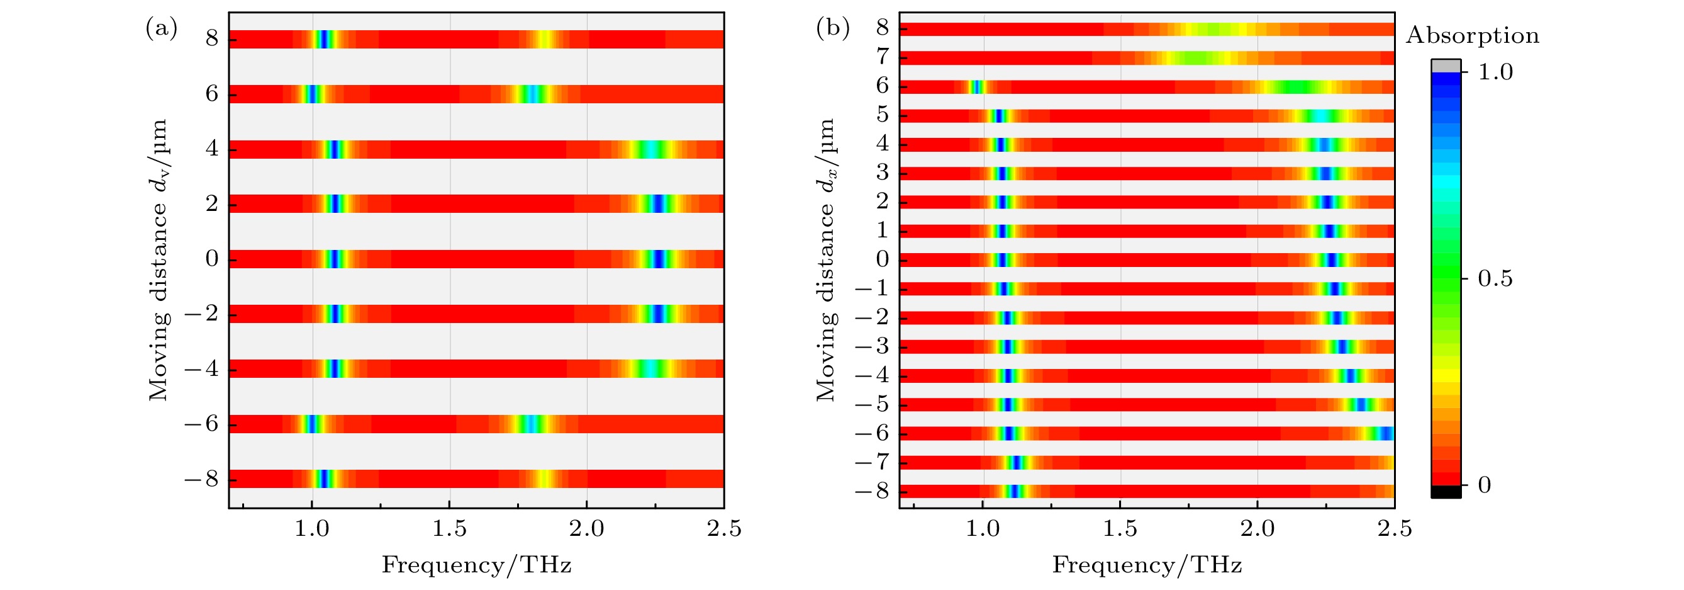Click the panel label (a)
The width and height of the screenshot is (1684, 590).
pos(161,29)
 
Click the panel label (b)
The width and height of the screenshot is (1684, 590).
pos(832,29)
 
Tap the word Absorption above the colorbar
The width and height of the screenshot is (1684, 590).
pos(1472,35)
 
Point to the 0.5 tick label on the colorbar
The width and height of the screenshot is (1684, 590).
pos(1495,279)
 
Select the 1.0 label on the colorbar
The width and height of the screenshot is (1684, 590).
pos(1495,71)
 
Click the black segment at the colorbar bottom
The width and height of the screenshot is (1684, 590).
pos(1446,492)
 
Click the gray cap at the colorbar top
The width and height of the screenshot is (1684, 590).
pos(1446,65)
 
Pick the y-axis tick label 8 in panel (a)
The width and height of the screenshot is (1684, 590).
pos(212,38)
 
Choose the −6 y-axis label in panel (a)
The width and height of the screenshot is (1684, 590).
pos(201,424)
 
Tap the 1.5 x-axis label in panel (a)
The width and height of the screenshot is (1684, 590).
pos(449,528)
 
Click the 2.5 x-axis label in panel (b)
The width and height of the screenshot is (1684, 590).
pos(1395,528)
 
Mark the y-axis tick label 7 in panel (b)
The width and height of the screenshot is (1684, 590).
pos(883,57)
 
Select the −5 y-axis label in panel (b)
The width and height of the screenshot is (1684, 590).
pos(872,404)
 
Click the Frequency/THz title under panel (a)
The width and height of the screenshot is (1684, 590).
pos(477,564)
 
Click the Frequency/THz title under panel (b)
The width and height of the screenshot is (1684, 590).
pos(1147,564)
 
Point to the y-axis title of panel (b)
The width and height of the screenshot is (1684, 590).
pos(827,259)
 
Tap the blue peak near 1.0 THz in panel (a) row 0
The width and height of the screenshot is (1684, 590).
pos(334,259)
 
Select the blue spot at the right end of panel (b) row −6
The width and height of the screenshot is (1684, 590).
pos(1388,433)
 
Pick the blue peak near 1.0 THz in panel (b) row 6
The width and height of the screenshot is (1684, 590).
pos(976,86)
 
